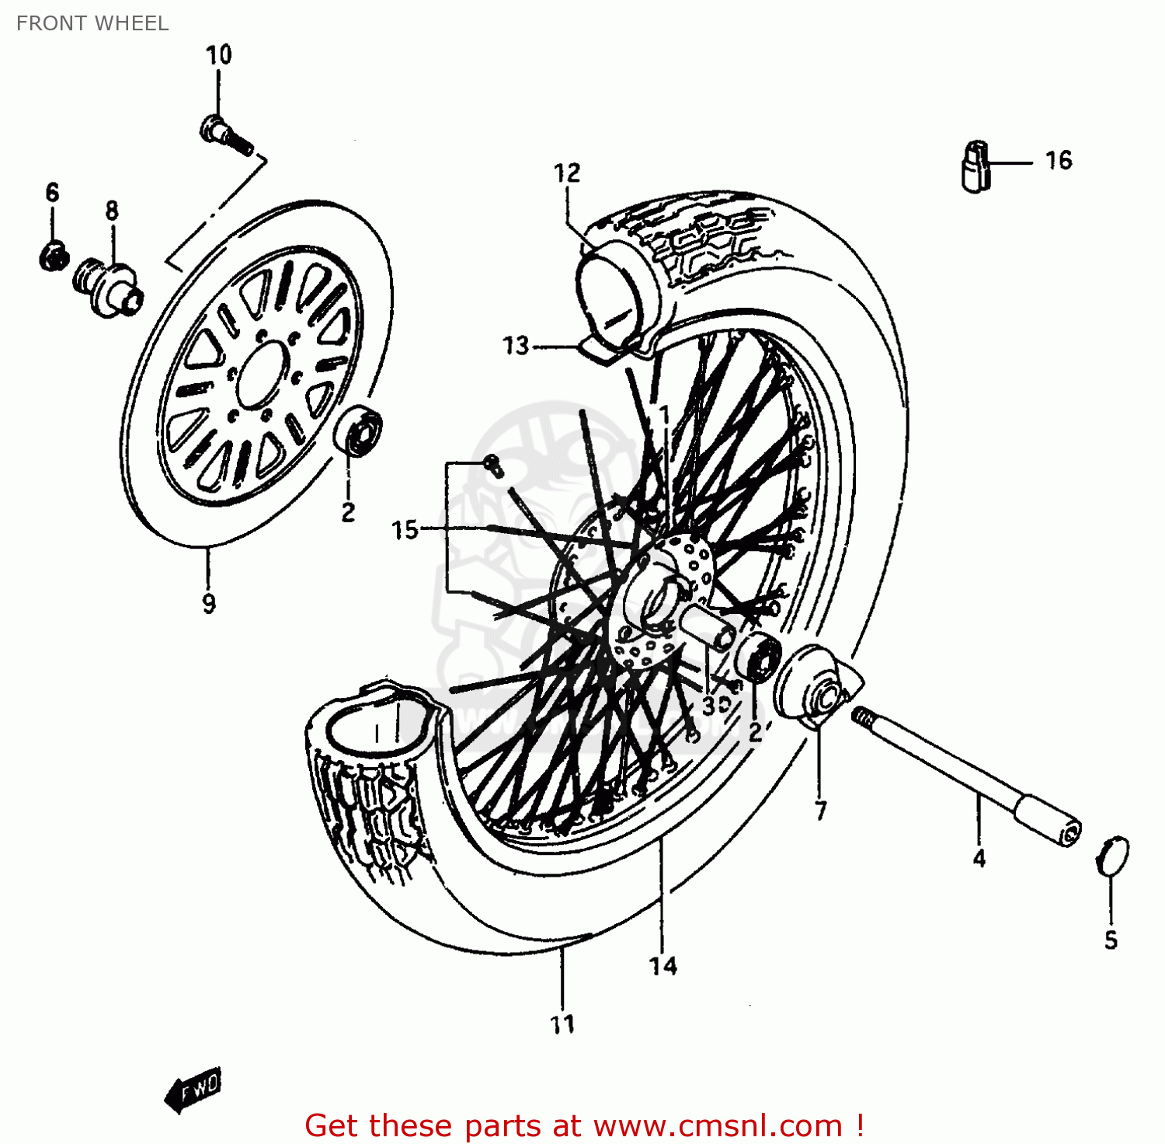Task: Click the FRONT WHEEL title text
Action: pyautogui.click(x=92, y=23)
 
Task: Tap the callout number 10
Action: pyautogui.click(x=218, y=55)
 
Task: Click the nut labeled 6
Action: pyautogui.click(x=53, y=255)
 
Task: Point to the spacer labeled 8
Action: pyautogui.click(x=109, y=288)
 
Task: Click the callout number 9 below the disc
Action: pyautogui.click(x=208, y=603)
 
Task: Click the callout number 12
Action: pyautogui.click(x=567, y=173)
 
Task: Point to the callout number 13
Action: pyautogui.click(x=516, y=345)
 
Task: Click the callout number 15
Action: pyautogui.click(x=405, y=530)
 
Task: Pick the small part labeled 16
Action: pyautogui.click(x=975, y=165)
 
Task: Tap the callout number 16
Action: pyautogui.click(x=1058, y=161)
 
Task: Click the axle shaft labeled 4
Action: pyautogui.click(x=963, y=769)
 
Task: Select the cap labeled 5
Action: pyautogui.click(x=1112, y=856)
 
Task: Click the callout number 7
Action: pyautogui.click(x=821, y=811)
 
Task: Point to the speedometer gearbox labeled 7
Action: pyautogui.click(x=815, y=689)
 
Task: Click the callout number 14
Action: pyautogui.click(x=663, y=966)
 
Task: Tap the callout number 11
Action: pyautogui.click(x=562, y=1024)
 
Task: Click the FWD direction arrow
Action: pyautogui.click(x=194, y=1088)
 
